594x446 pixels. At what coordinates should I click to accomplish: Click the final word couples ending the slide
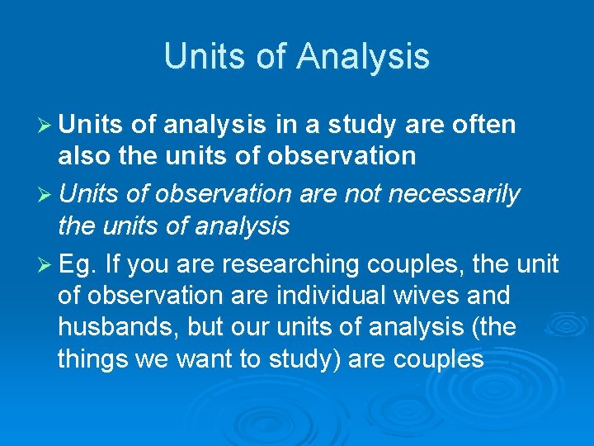tap(438, 359)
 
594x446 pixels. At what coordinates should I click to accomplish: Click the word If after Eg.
tap(112, 264)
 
